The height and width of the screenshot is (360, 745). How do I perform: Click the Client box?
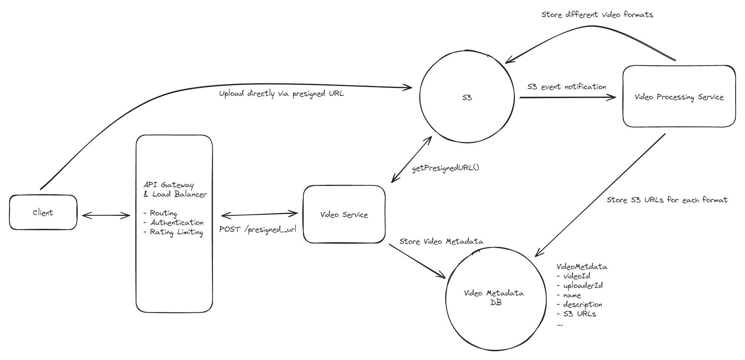tap(43, 212)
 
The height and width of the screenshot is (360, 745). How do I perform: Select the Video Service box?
tap(344, 214)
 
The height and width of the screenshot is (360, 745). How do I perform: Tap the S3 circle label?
tap(467, 98)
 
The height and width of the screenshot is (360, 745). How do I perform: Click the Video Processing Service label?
tap(679, 97)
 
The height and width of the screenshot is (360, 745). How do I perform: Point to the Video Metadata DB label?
tap(494, 298)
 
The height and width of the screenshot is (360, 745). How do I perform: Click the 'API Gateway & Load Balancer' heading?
tap(175, 189)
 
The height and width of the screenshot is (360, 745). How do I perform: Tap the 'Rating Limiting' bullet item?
tap(176, 232)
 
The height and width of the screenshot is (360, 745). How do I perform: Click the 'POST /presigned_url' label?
tap(258, 229)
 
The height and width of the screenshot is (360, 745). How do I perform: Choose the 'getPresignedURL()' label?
tap(445, 168)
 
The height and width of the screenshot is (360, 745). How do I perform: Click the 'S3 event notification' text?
tap(567, 87)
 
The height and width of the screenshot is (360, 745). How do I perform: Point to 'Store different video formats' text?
tap(597, 15)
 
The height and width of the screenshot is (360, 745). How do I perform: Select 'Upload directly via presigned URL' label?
tap(281, 93)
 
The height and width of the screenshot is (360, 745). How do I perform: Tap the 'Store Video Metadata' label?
tap(441, 241)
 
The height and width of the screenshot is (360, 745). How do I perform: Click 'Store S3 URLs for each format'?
tap(667, 200)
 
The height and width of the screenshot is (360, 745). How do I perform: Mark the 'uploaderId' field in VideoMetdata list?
tap(583, 286)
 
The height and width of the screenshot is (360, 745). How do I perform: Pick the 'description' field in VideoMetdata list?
tap(582, 304)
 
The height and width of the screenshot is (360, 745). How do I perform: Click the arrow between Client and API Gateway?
tap(106, 215)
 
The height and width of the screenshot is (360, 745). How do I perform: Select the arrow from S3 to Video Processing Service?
tap(567, 97)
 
